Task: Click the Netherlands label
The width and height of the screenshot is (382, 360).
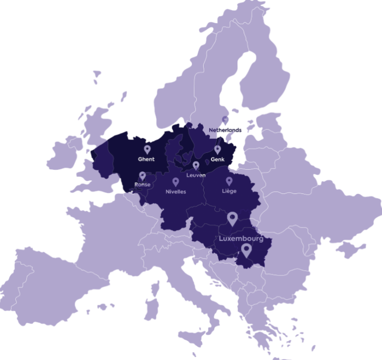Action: (x=225, y=130)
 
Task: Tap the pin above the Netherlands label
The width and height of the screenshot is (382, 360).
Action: (x=225, y=120)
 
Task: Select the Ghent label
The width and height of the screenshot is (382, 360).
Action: (x=146, y=159)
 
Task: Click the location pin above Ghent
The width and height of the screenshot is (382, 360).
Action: (x=147, y=150)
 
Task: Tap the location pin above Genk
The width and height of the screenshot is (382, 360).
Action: (x=218, y=149)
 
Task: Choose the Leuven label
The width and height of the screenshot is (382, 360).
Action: (x=196, y=175)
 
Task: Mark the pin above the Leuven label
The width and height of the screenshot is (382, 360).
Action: (x=196, y=166)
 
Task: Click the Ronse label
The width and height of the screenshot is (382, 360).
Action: (x=142, y=184)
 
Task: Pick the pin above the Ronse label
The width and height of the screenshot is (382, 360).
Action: (x=142, y=176)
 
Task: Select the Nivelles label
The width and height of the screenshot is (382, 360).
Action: (x=176, y=192)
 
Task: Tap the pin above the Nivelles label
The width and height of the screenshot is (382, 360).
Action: (x=176, y=182)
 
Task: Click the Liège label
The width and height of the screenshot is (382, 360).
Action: (x=229, y=191)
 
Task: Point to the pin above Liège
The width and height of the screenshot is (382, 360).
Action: (x=229, y=181)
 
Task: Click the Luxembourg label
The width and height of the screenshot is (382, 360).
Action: (x=240, y=239)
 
